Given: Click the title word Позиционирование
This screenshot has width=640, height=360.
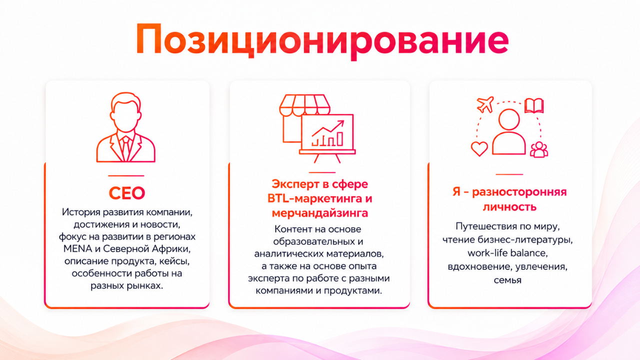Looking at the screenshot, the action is tap(322, 40).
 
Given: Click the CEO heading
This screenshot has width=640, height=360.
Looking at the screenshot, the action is tap(126, 193).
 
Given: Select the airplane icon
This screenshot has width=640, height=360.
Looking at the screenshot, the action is tap(485, 104).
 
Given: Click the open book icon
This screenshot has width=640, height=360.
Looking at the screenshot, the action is tap(533, 105).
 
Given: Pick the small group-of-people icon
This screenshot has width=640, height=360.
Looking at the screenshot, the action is tap(539, 149).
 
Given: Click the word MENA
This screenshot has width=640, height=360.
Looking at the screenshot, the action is tap(77, 249).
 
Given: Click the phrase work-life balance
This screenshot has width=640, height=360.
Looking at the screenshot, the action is tap(507, 253).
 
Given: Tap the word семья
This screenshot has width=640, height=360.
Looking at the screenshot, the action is tap(507, 280).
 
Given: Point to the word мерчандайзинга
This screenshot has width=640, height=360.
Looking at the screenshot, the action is tap(319, 213).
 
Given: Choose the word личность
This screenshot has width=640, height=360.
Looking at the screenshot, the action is tap(509, 206).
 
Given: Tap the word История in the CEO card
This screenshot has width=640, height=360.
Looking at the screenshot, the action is tap(81, 212).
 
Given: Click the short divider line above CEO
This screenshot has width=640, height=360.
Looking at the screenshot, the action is tap(126, 175).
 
